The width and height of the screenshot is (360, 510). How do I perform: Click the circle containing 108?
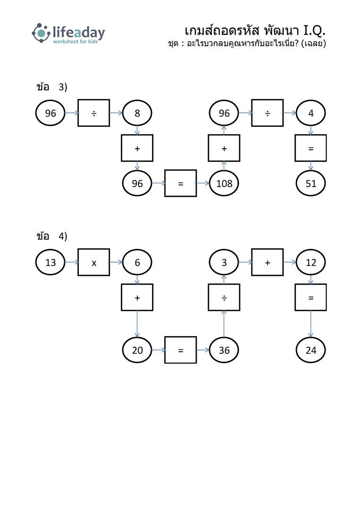pyautogui.click(x=224, y=183)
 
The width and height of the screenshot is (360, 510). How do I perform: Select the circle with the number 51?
pyautogui.click(x=310, y=183)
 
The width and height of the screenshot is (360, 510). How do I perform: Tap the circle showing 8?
pyautogui.click(x=137, y=113)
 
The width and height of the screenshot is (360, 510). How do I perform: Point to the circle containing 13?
pyautogui.click(x=50, y=262)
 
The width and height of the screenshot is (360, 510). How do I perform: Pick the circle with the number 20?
pyautogui.click(x=137, y=350)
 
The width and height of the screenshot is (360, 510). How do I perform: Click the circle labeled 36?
pyautogui.click(x=224, y=350)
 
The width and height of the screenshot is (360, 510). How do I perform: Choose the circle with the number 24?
pyautogui.click(x=310, y=350)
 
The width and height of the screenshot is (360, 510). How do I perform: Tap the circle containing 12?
pyautogui.click(x=310, y=262)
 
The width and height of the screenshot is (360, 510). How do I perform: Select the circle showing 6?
pyautogui.click(x=137, y=262)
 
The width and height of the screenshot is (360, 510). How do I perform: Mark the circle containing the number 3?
pyautogui.click(x=224, y=262)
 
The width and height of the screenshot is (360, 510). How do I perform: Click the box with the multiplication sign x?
pyautogui.click(x=93, y=262)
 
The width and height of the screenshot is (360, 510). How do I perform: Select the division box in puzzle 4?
pyautogui.click(x=224, y=297)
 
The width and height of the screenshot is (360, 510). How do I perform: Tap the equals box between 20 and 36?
pyautogui.click(x=180, y=350)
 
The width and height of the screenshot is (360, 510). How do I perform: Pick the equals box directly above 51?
pyautogui.click(x=310, y=148)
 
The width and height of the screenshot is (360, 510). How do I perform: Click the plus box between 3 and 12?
pyautogui.click(x=267, y=262)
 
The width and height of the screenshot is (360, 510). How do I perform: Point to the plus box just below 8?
pyautogui.click(x=137, y=148)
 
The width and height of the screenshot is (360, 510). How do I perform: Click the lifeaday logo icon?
pyautogui.click(x=41, y=33)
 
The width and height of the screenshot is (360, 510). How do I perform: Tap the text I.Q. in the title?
pyautogui.click(x=314, y=31)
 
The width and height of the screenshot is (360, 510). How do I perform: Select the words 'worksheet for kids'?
pyautogui.click(x=75, y=42)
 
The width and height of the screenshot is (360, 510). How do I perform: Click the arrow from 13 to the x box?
pyautogui.click(x=72, y=262)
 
